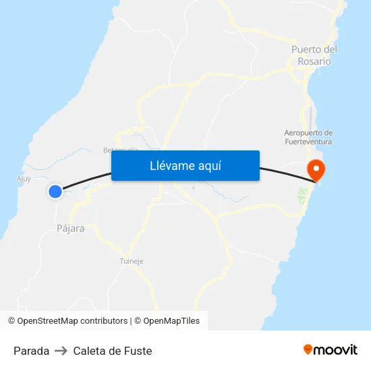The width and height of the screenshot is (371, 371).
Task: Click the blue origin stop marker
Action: [x=55, y=192]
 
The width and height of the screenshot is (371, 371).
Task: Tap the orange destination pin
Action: [x=316, y=169]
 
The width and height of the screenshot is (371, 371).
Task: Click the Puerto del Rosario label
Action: [x=314, y=55]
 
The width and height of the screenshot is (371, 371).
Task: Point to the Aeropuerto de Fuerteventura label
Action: [x=310, y=137]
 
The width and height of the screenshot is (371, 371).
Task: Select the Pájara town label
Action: [x=70, y=229]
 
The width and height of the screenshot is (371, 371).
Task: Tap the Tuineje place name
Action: [x=131, y=261]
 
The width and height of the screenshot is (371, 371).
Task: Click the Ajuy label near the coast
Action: [x=24, y=179]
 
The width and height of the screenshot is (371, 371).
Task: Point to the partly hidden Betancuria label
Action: [x=120, y=150]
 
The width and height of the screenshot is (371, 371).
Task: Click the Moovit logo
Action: [x=331, y=350]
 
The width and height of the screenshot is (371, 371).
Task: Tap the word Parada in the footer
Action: [x=31, y=351]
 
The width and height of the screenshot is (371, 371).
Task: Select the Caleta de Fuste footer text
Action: [x=113, y=351]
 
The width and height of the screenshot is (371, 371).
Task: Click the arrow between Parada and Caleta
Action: [x=61, y=351]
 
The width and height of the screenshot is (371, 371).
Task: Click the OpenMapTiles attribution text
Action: [x=171, y=321]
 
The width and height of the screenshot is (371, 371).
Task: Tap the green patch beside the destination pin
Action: [x=302, y=196]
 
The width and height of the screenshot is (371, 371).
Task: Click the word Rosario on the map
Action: [x=314, y=61]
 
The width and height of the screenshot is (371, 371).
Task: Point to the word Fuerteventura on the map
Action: [x=310, y=142]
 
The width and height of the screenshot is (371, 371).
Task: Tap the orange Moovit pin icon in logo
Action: [x=308, y=349]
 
